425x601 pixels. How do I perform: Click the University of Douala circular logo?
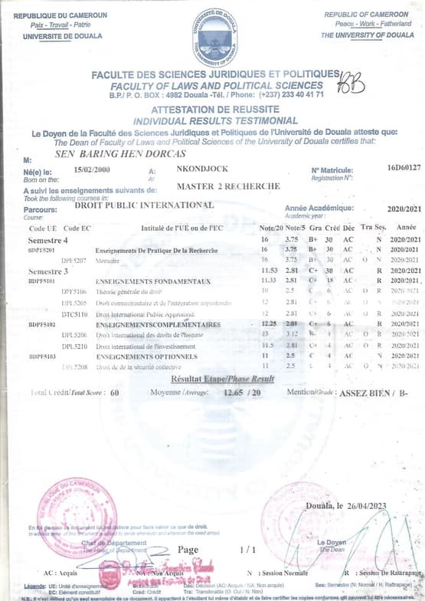point(214,36)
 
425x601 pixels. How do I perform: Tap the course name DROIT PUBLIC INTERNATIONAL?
point(145,205)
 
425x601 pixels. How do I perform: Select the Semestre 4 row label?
point(48,240)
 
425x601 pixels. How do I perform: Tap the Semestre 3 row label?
point(48,271)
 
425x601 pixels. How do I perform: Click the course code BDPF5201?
point(41,250)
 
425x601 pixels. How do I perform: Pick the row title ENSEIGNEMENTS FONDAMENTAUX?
point(152,281)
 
